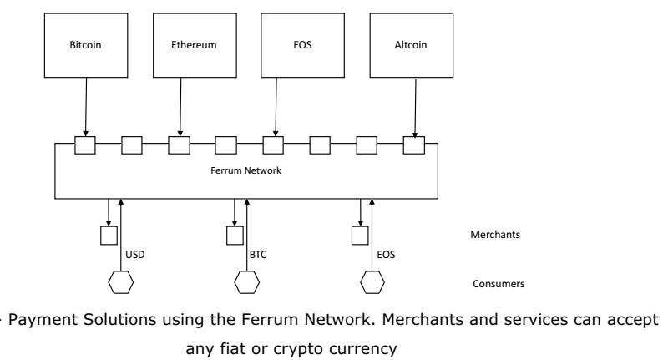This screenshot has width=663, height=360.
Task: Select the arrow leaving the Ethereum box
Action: click(180, 106)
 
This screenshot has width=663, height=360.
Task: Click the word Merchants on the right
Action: click(496, 236)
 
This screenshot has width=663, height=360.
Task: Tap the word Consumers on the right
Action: click(498, 284)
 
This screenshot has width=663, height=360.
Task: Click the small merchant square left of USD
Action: click(108, 236)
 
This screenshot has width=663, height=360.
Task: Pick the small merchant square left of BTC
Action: click(235, 236)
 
